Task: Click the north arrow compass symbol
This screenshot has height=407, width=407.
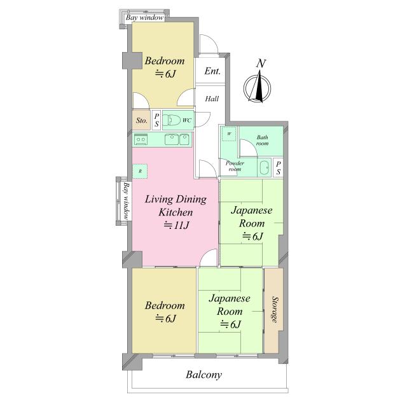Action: [x=257, y=87]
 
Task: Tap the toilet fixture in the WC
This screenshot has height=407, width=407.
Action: [x=172, y=120]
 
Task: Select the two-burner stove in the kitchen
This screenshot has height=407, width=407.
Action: [x=141, y=140]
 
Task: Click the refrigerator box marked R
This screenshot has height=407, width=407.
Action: [x=140, y=171]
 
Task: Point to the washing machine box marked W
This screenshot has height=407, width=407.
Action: [x=229, y=134]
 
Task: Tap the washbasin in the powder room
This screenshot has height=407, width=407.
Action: [x=264, y=167]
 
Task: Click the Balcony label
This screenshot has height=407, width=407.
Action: [x=204, y=375]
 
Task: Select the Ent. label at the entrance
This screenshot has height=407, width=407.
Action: [x=212, y=71]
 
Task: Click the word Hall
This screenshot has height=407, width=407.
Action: [x=212, y=99]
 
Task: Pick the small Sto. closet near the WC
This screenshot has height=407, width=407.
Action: [x=141, y=120]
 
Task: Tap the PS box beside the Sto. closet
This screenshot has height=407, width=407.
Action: [x=156, y=120]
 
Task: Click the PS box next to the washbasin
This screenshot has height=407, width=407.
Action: [x=279, y=168]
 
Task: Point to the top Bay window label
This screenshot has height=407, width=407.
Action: [x=144, y=18]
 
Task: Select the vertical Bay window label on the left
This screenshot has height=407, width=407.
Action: [x=127, y=201]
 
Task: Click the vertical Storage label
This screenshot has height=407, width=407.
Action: [x=274, y=310]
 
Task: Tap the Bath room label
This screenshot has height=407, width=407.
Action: [x=262, y=140]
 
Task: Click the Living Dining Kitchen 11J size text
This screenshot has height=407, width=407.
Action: [x=177, y=225]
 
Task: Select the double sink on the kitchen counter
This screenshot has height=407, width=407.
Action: [x=177, y=139]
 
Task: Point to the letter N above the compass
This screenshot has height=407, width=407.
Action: [x=261, y=64]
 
